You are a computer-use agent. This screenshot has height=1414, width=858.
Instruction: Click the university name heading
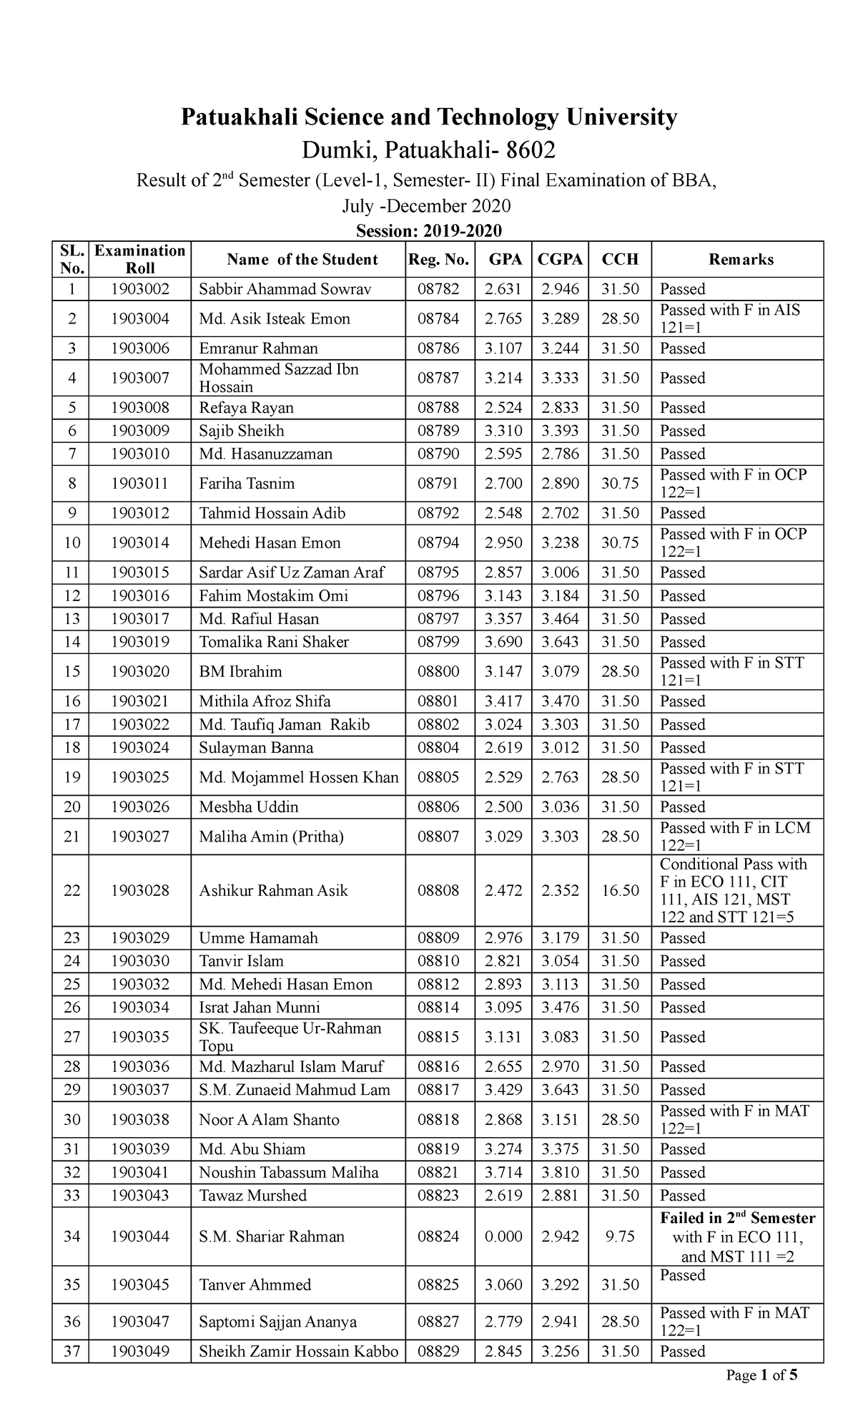tap(428, 117)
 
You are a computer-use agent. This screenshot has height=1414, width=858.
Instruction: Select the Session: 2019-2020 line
tap(428, 230)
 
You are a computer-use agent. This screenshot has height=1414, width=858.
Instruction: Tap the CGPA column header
tap(560, 260)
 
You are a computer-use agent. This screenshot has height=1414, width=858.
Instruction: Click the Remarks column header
tap(741, 260)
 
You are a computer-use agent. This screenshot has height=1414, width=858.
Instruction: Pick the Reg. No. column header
tap(438, 260)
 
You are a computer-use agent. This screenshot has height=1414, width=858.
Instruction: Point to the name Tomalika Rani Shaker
tap(274, 642)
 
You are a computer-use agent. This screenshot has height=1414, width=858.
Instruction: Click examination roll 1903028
tap(140, 891)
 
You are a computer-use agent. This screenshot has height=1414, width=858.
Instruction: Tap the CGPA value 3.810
tap(560, 1172)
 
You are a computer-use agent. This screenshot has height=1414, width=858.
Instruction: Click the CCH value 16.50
tap(620, 891)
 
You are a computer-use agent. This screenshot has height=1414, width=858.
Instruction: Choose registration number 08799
tap(438, 642)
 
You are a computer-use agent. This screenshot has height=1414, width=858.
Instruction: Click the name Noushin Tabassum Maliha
tap(289, 1172)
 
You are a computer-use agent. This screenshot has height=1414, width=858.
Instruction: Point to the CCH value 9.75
tap(620, 1237)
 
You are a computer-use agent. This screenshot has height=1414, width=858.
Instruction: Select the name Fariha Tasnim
tap(247, 484)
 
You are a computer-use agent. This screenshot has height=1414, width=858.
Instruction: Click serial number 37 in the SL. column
tap(71, 1351)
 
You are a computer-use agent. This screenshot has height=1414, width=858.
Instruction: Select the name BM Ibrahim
tap(240, 672)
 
